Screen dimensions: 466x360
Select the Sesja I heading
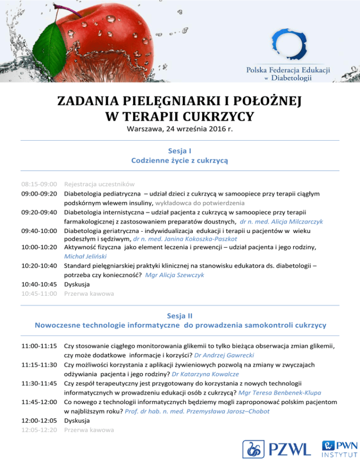click(180, 151)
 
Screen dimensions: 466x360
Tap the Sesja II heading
click(180, 316)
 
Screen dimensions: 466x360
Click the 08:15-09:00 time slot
click(39, 184)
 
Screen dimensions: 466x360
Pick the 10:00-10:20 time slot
click(39, 247)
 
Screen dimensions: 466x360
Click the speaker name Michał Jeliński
click(85, 256)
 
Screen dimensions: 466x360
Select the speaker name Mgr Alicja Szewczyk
click(174, 275)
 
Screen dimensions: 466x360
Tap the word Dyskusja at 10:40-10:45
click(77, 284)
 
